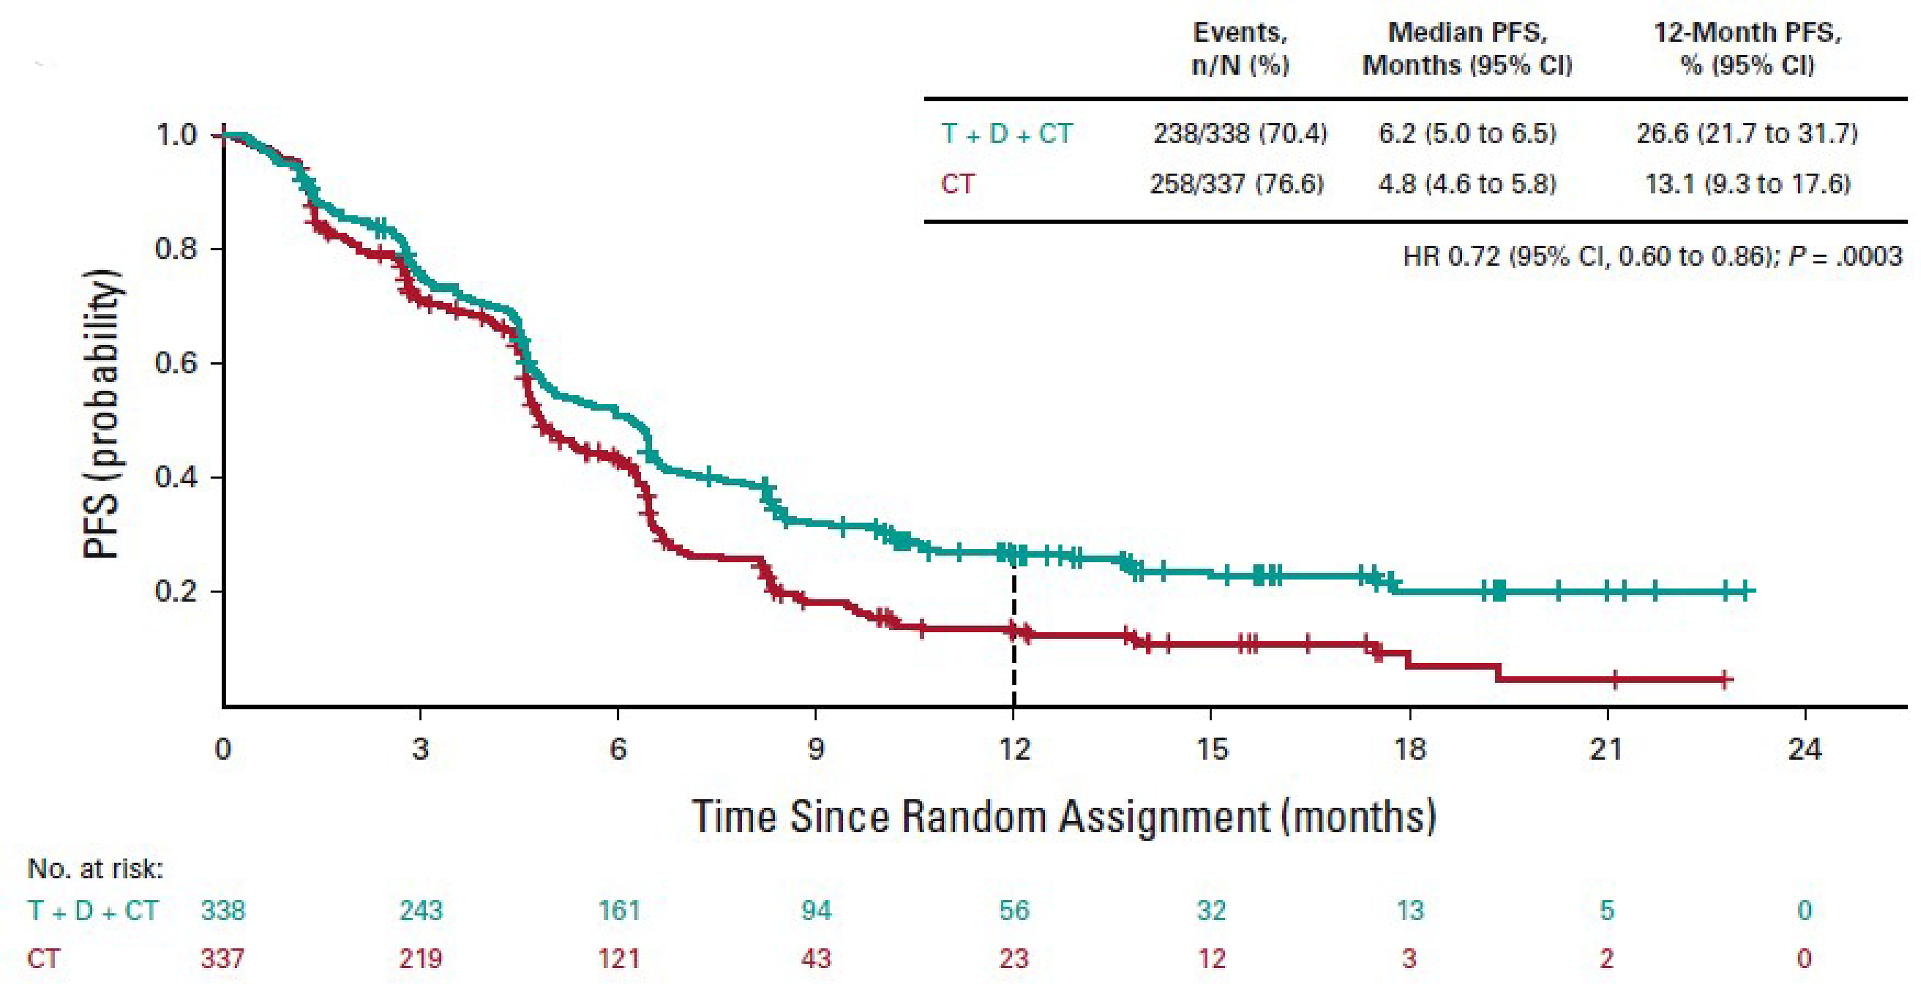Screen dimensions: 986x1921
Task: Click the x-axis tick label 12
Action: point(1014,749)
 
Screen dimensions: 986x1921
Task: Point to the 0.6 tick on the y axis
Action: point(177,363)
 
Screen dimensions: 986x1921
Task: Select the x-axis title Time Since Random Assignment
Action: point(1064,817)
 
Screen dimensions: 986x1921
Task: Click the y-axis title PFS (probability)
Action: point(102,414)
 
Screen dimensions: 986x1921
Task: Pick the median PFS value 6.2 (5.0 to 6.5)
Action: point(1467,133)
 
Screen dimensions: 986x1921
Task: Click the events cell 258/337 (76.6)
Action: point(1237,184)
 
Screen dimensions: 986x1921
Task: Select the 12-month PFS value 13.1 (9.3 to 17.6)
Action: point(1747,184)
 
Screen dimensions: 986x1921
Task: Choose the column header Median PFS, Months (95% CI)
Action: point(1467,48)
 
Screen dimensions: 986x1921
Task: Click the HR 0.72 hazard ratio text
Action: point(1652,257)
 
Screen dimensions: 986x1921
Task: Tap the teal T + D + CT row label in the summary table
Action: point(1007,133)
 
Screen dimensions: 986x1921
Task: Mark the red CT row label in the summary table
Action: point(957,184)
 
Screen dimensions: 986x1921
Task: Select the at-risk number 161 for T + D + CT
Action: point(618,910)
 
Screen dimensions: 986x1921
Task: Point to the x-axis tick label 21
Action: point(1606,749)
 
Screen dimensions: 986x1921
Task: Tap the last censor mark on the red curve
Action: point(1725,680)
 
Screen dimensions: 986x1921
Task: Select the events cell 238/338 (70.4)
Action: point(1239,133)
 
